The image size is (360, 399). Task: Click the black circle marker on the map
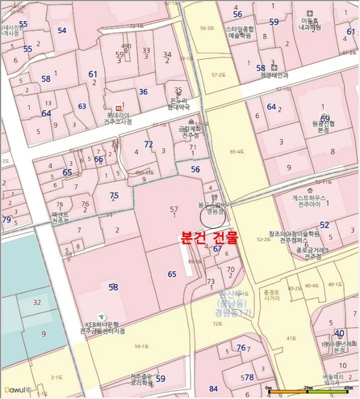coord(212,217)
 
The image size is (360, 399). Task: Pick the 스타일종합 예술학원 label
coord(239,32)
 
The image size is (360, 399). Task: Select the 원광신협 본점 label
coord(323,126)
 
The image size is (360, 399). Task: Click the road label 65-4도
coord(236,152)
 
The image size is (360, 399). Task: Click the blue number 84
coord(213,389)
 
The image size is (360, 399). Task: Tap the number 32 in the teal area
coord(37,302)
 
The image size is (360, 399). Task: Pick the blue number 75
coord(114,196)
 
